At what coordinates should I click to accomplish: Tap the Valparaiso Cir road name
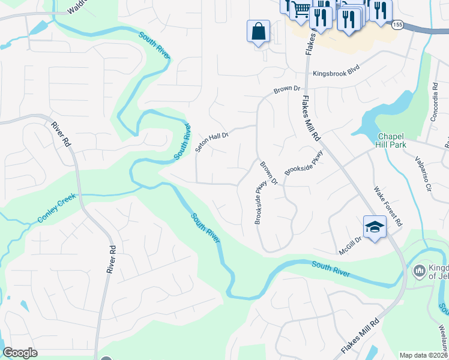point(423,175)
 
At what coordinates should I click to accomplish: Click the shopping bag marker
point(258,31)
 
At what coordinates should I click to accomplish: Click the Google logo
point(20,352)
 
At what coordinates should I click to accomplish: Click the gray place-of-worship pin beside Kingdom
point(420,271)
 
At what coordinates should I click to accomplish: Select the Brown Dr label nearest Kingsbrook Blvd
point(286,89)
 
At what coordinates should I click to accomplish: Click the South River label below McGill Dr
point(331,268)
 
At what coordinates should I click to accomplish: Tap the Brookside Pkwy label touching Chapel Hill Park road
point(304,162)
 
